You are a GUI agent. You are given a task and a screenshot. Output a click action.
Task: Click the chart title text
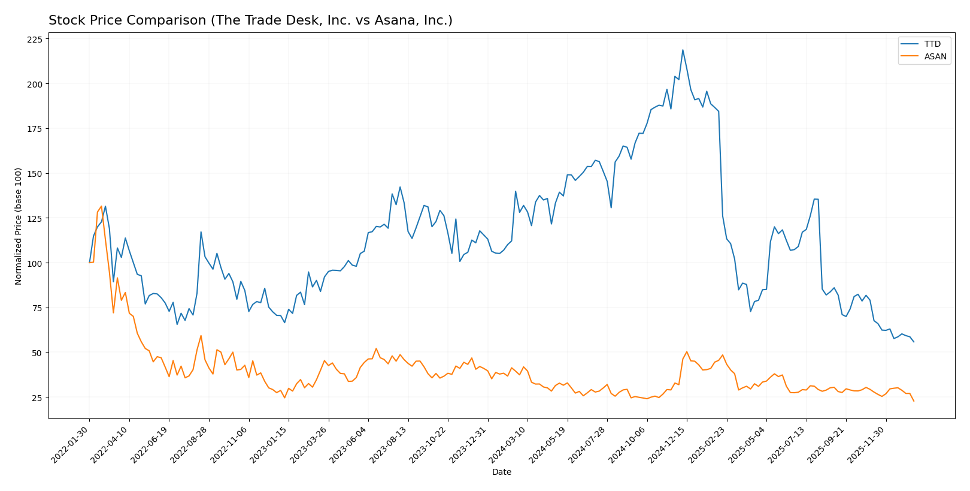(x=250, y=20)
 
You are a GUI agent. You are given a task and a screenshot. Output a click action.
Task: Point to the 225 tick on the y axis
(x=35, y=40)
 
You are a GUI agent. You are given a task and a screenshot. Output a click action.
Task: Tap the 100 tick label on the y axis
(x=35, y=263)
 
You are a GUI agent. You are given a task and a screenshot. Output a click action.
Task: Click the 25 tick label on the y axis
(x=37, y=397)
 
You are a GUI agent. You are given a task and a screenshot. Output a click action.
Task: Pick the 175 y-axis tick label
(x=35, y=129)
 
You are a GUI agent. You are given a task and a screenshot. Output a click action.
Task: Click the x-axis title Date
(x=501, y=472)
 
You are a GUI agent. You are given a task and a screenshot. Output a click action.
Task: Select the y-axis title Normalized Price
(x=19, y=226)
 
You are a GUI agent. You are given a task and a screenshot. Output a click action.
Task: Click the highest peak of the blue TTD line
(x=683, y=50)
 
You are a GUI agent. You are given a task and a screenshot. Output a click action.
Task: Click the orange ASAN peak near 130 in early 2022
(x=101, y=206)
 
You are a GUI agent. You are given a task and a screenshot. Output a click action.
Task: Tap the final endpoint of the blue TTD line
(x=914, y=342)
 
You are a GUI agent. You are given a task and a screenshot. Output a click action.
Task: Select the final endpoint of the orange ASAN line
(x=914, y=401)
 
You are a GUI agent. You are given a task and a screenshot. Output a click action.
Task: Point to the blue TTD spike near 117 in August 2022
(x=201, y=232)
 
